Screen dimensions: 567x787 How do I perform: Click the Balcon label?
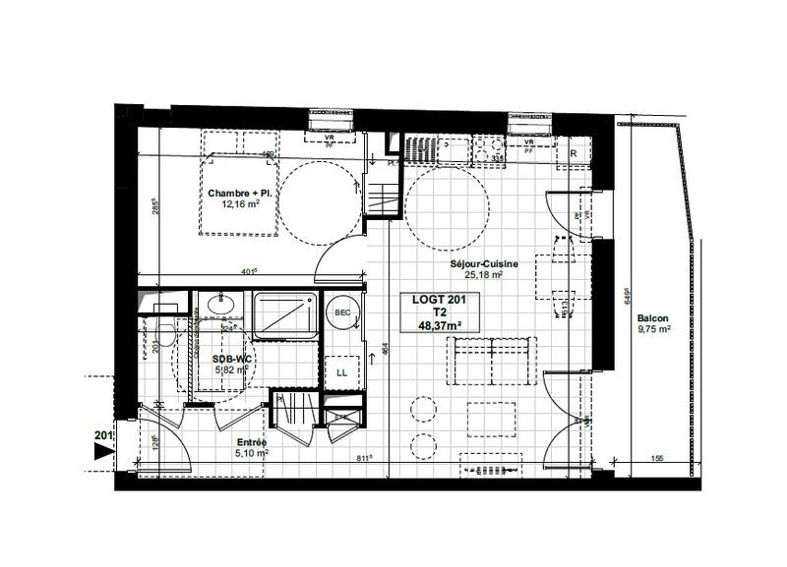click(653, 317)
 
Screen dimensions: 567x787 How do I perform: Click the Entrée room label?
click(251, 442)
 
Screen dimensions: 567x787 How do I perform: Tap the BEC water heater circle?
click(343, 312)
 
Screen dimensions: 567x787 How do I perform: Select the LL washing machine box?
click(342, 372)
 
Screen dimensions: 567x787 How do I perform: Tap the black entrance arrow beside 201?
click(100, 451)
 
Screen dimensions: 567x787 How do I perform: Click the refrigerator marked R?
click(573, 153)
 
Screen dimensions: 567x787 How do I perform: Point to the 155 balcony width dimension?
click(656, 458)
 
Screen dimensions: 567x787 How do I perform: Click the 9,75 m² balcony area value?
click(653, 330)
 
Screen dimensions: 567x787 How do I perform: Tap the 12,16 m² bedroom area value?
click(239, 206)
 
